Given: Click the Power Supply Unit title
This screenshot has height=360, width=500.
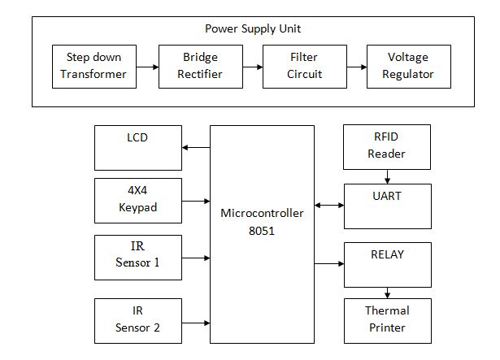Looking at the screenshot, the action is point(253,29).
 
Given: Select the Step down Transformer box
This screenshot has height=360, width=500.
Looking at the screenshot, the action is point(94,67).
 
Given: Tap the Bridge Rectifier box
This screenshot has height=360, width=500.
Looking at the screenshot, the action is point(201,67).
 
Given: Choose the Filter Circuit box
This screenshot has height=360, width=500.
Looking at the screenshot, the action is point(305,67).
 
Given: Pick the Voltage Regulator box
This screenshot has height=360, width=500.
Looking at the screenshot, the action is point(409,67).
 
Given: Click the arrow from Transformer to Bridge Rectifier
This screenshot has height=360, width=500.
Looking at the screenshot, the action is point(147,67).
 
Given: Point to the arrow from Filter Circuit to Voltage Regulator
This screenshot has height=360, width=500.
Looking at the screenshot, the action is point(357,67).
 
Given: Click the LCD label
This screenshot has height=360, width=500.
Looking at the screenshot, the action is point(137,137).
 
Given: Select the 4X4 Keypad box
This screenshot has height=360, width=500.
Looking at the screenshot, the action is point(138,201).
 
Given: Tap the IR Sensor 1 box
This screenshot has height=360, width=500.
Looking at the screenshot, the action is point(138,258).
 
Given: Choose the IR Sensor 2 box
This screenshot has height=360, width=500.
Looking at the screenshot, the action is point(138,321).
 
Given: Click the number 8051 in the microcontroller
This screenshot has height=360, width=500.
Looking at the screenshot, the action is point(262,231).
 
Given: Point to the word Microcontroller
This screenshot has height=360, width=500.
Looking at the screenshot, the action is point(262,213).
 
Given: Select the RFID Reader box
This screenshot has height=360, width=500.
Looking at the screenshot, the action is point(387,147).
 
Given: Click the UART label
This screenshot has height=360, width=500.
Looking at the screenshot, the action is point(387,196).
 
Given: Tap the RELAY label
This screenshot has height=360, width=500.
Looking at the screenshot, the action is point(388,254).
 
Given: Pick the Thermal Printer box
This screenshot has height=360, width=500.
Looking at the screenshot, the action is point(388,321).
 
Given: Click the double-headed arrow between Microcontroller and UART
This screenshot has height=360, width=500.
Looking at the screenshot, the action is point(329,205).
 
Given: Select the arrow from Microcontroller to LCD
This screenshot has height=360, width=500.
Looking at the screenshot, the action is point(196,147).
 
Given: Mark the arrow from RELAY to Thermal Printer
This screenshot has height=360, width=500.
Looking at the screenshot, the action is point(388,293).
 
